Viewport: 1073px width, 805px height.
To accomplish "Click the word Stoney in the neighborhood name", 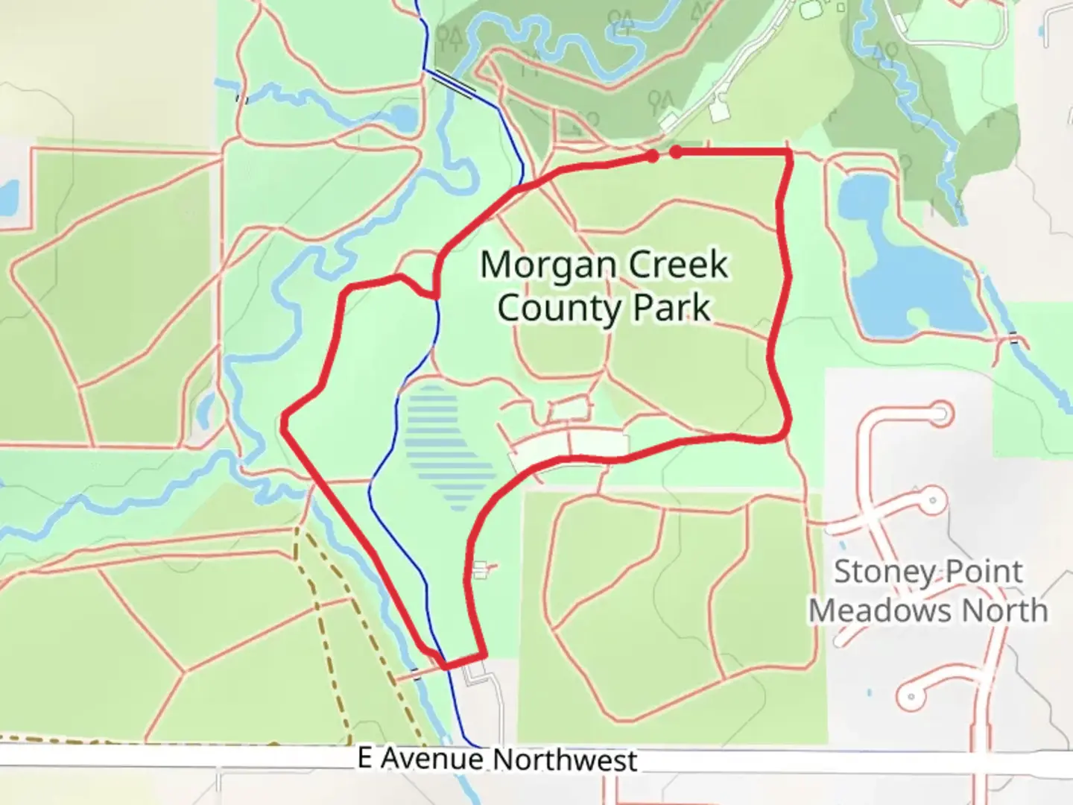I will coord(879,572).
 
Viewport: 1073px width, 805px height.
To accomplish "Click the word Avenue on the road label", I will coord(432,759).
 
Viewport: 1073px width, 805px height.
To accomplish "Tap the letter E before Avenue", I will coord(365,758).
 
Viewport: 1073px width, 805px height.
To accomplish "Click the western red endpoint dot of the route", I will coord(652,157).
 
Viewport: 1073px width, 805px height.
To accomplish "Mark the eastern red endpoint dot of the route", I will coord(676,152).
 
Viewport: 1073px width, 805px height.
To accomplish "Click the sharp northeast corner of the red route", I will coord(790,151).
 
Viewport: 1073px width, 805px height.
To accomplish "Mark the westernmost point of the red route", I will coord(284,423).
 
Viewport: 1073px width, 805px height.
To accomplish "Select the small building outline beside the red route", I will coord(480,570).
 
